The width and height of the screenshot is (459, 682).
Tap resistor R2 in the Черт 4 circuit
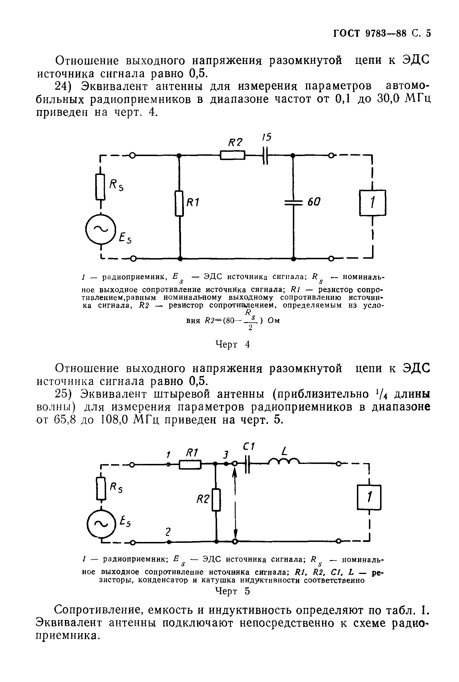[x=233, y=155]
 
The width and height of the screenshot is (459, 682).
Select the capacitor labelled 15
[x=265, y=156]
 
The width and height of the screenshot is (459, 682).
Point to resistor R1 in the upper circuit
[x=179, y=204]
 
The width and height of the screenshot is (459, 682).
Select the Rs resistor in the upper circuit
[x=100, y=187]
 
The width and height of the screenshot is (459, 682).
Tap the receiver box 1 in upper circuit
[x=372, y=203]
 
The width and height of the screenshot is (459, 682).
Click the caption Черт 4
[x=233, y=344]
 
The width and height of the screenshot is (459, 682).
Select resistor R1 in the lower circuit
[x=190, y=464]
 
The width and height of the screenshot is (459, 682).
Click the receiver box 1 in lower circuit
[x=369, y=497]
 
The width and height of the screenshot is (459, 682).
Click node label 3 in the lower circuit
[x=225, y=455]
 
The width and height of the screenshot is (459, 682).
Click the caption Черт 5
[x=233, y=592]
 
